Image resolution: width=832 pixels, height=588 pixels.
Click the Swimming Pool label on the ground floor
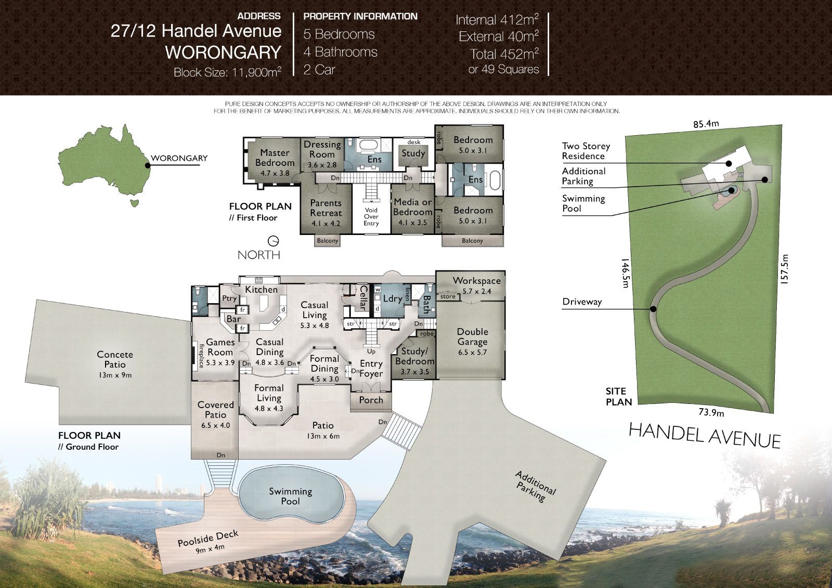click(291, 496)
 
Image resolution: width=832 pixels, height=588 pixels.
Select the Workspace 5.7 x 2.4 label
click(476, 285)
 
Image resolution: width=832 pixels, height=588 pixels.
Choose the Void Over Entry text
click(371, 217)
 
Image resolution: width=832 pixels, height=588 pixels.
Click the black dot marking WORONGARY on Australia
click(148, 166)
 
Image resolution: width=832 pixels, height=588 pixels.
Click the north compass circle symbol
click(273, 241)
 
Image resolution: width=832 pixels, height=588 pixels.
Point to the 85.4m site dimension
click(706, 124)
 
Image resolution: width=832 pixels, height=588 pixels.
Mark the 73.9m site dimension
click(711, 412)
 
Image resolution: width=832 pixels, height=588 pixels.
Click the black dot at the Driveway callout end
click(653, 309)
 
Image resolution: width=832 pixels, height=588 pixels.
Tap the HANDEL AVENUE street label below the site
click(704, 435)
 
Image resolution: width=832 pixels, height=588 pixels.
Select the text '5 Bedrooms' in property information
click(339, 34)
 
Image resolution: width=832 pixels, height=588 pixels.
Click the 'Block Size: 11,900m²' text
click(227, 72)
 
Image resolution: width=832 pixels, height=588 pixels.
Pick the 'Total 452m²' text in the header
click(504, 54)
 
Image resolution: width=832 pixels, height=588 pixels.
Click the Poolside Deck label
click(208, 542)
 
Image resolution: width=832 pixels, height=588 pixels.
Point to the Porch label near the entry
click(371, 400)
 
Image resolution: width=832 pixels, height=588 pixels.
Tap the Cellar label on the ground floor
click(363, 297)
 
